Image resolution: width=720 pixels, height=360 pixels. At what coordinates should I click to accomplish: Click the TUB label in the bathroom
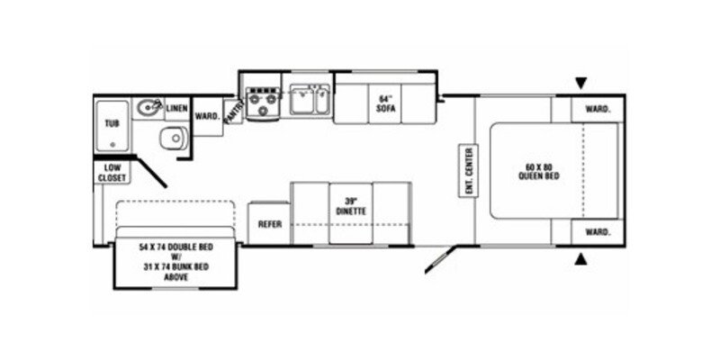[x=112, y=123]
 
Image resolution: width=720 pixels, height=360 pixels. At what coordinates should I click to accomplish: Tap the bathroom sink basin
[x=148, y=109]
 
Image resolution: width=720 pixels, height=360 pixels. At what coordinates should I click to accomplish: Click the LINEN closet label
[x=176, y=108]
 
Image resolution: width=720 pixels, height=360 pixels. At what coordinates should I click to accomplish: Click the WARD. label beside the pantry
[x=207, y=116]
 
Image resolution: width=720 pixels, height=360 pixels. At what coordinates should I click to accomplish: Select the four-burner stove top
[x=262, y=102]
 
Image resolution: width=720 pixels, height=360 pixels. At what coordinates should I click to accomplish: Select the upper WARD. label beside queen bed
[x=598, y=109]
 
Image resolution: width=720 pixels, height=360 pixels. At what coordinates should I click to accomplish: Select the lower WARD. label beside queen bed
[x=598, y=231]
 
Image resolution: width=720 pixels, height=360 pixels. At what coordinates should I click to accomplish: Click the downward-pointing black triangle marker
[x=580, y=83]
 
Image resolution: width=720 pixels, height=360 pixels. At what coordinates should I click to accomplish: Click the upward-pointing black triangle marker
[x=580, y=260]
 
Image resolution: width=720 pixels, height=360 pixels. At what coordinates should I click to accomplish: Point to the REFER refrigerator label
[x=270, y=224]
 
